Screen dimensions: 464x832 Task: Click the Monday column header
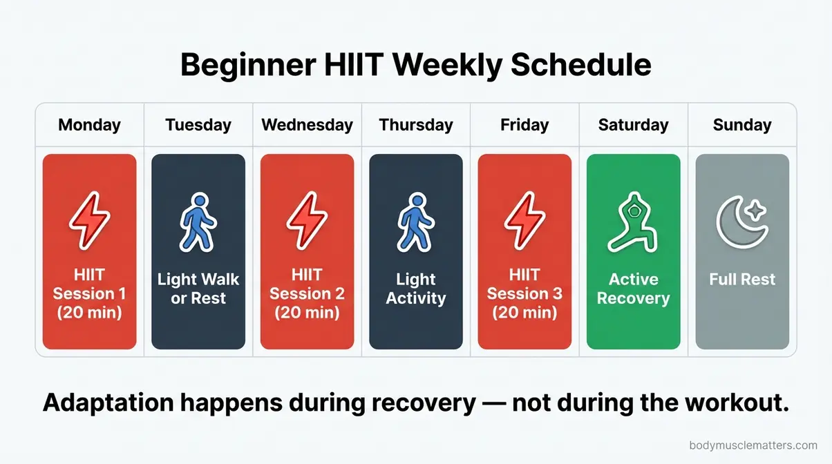tap(89, 125)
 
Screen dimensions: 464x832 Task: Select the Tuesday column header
tap(198, 125)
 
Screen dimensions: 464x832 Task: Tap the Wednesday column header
tap(307, 125)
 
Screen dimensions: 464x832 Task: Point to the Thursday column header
tap(416, 125)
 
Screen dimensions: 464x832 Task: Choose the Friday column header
tap(524, 125)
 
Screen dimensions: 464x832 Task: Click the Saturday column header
tap(633, 125)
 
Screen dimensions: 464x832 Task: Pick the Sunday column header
tap(742, 125)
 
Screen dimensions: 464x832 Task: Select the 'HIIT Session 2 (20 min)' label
tap(307, 293)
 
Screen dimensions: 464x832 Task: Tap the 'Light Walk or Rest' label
tap(198, 289)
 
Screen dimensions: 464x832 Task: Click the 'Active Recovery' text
tap(633, 289)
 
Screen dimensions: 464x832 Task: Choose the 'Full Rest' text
tap(742, 280)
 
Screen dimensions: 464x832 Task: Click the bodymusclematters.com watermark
tap(753, 446)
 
